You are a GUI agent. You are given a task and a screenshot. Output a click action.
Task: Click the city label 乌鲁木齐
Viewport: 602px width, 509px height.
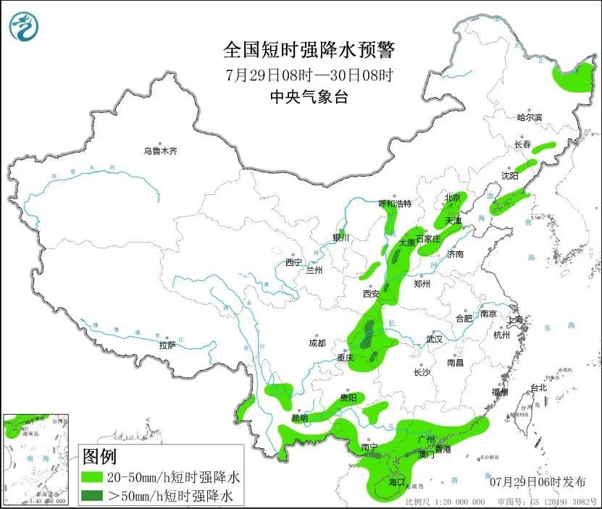click(160, 151)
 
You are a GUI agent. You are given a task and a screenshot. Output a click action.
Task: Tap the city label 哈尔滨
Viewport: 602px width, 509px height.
click(530, 117)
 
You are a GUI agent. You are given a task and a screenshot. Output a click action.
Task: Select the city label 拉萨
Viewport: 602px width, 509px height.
click(167, 345)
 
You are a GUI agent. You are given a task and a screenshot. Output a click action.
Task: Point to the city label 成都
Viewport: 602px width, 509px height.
click(317, 343)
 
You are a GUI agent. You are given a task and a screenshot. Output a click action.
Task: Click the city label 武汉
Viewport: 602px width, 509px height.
click(434, 339)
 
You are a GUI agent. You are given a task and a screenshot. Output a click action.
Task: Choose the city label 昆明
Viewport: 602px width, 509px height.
click(299, 418)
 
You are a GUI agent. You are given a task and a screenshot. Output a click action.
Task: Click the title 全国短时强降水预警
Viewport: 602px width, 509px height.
click(309, 50)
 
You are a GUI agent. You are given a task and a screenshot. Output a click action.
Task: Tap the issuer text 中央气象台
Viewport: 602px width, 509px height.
click(309, 96)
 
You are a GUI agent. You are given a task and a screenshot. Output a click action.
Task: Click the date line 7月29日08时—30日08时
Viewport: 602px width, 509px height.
click(309, 74)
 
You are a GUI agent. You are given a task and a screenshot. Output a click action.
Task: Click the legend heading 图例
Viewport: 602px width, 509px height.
click(100, 457)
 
